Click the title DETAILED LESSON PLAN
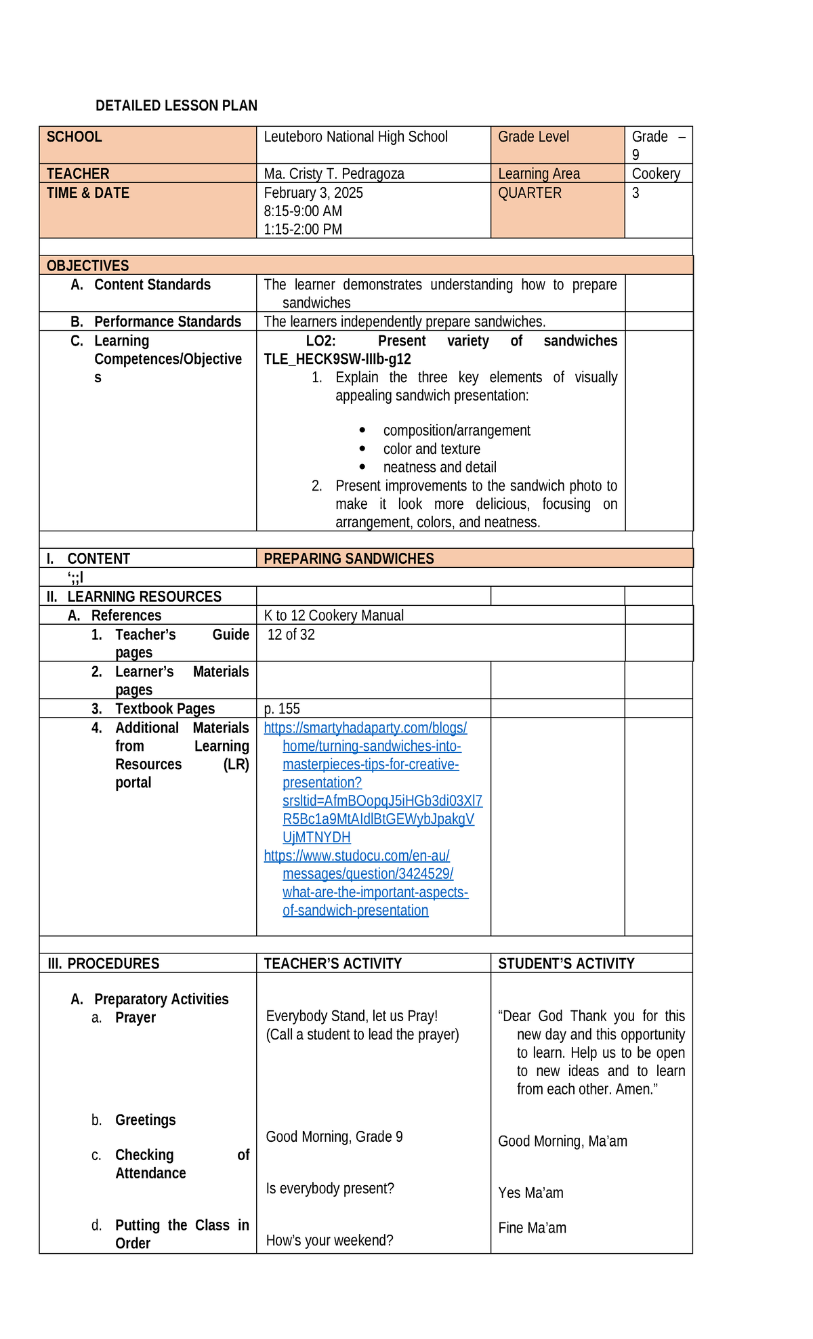[x=176, y=106]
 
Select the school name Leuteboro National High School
[x=356, y=137]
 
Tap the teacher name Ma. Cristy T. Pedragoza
[x=334, y=173]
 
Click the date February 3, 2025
[x=313, y=193]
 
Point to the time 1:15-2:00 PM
[x=303, y=230]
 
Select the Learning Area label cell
[x=539, y=173]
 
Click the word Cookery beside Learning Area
[x=655, y=173]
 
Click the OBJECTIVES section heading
[x=88, y=266]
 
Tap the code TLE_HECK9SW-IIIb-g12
[x=337, y=359]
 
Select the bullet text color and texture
[x=432, y=449]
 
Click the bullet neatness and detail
[x=440, y=468]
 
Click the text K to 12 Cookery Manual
[x=333, y=616]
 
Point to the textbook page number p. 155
[x=282, y=709]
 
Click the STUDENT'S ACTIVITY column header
[x=566, y=964]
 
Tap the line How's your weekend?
[x=329, y=1241]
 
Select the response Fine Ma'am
[x=532, y=1229]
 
